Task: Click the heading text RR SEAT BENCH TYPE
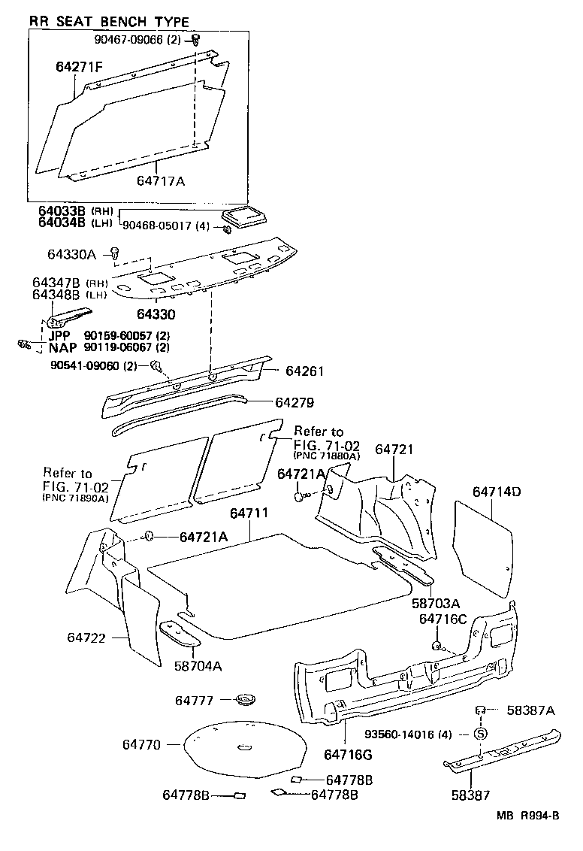[x=109, y=22]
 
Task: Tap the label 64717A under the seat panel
[x=161, y=180]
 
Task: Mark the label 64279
[x=295, y=402]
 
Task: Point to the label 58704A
[x=198, y=665]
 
